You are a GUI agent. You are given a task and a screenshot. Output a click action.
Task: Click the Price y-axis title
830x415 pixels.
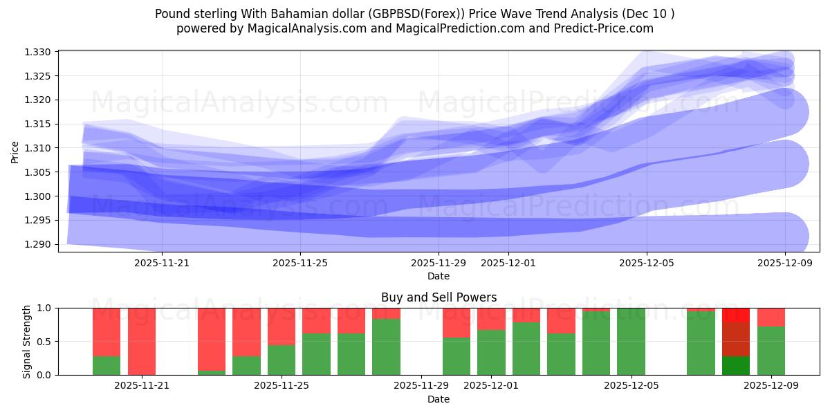click(15, 152)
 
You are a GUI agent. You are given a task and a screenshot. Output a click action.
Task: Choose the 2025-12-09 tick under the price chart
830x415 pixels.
click(785, 263)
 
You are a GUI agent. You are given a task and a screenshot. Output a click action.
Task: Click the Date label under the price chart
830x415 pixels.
click(439, 276)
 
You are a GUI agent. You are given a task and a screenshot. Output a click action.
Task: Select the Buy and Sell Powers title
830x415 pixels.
click(439, 297)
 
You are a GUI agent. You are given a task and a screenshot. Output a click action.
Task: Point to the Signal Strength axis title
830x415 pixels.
click(27, 341)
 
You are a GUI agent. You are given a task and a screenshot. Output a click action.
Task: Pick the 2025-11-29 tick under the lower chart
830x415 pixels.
click(421, 386)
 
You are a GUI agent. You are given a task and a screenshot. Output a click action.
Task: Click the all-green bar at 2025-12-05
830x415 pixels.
click(631, 341)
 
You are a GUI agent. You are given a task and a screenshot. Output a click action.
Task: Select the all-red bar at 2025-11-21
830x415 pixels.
click(142, 341)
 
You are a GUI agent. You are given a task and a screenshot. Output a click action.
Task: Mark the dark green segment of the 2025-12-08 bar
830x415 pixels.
click(736, 365)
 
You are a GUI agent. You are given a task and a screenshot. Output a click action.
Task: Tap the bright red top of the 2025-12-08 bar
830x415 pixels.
click(736, 315)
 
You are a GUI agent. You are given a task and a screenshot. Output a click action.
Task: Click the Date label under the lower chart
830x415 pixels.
click(439, 399)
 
